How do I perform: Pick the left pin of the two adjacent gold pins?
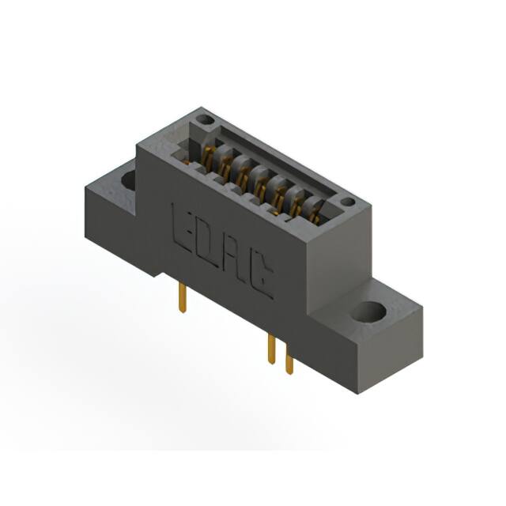click(271, 348)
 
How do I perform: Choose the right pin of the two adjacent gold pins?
click(289, 361)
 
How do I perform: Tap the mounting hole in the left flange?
click(128, 179)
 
